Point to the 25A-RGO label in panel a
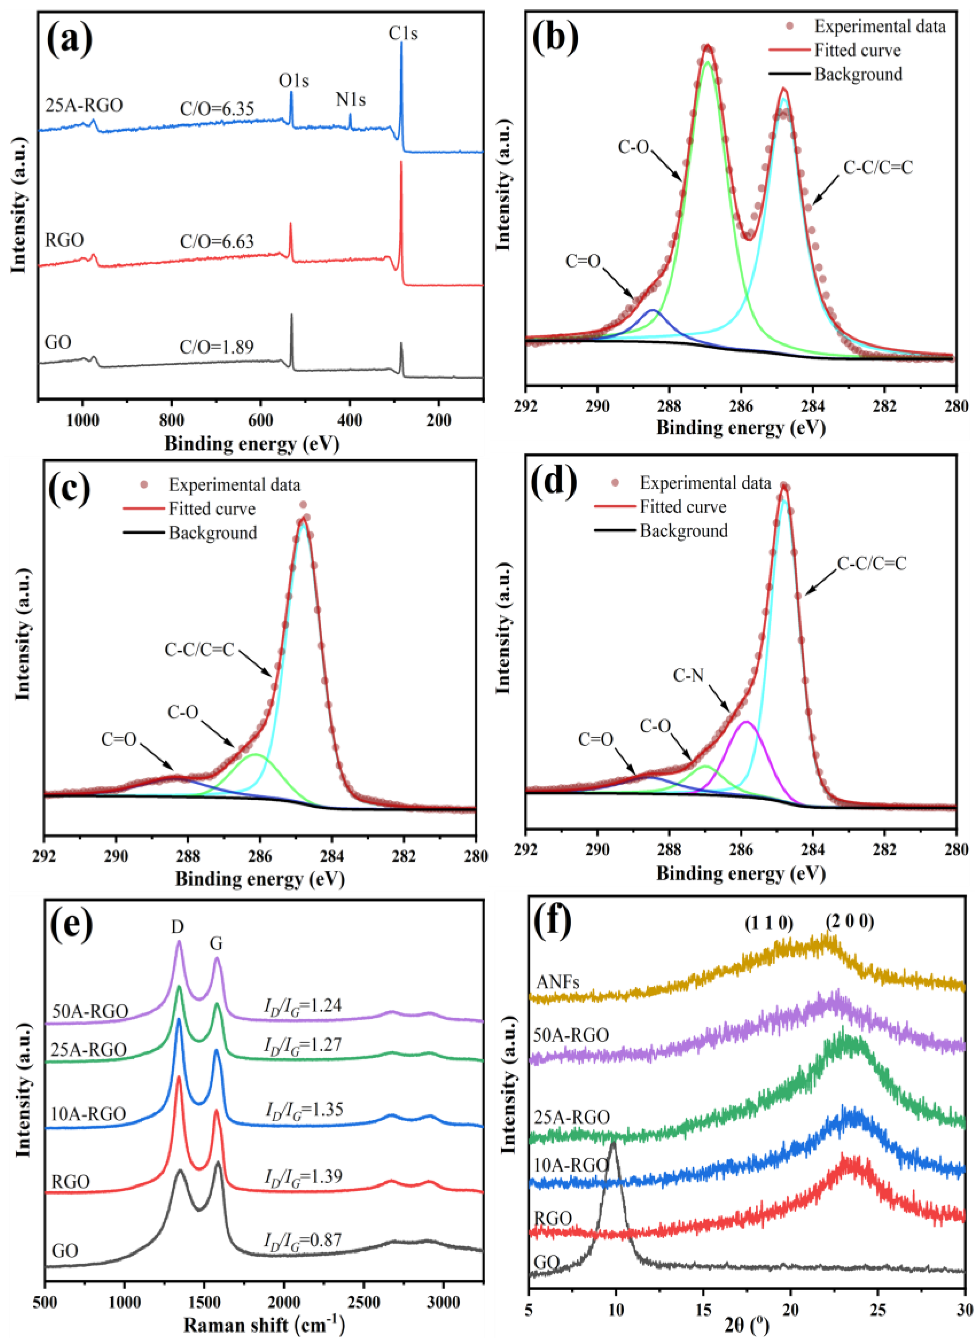[84, 106]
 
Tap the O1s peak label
[294, 81]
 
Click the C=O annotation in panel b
[583, 261]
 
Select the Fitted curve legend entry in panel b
[857, 50]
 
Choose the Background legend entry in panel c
[213, 533]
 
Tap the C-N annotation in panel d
[688, 675]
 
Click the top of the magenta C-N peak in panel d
[746, 722]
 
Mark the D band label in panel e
[177, 926]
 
